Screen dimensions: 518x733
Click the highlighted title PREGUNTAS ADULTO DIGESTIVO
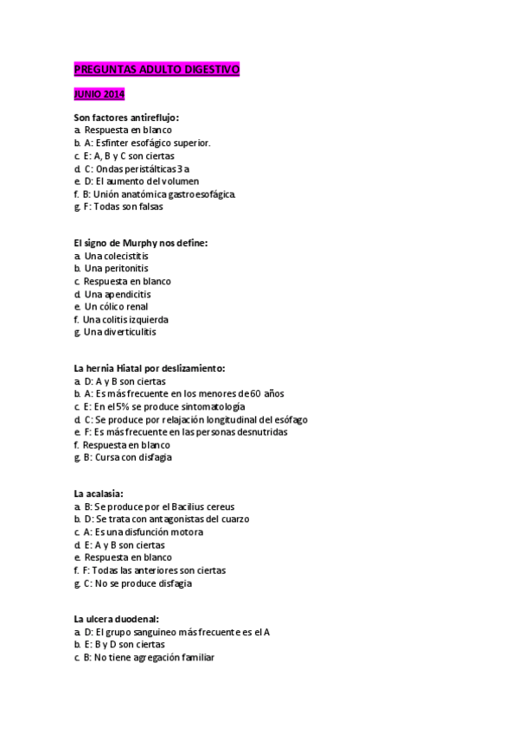point(157,69)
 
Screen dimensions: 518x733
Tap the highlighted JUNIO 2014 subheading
point(99,94)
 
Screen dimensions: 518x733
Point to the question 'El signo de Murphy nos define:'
point(140,244)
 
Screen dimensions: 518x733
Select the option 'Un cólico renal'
point(116,307)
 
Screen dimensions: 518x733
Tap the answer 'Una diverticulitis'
point(119,332)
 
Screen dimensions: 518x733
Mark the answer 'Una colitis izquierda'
point(125,320)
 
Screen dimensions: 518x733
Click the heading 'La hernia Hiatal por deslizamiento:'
point(149,368)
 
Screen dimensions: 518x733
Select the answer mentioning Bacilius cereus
point(159,507)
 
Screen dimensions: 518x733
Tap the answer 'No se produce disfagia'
point(137,583)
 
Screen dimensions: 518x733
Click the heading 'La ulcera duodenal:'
point(116,620)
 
